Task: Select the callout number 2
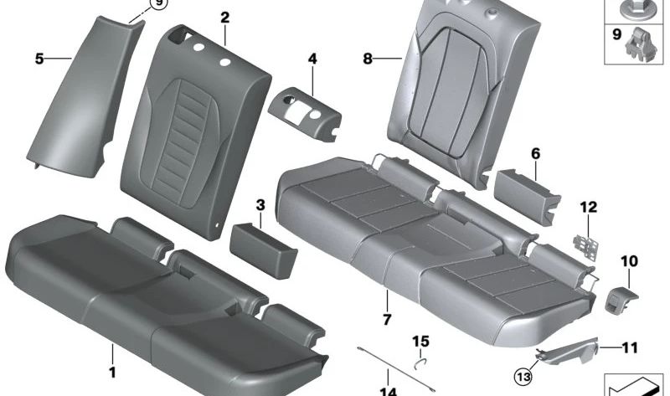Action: coord(224,17)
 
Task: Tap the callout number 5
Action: coord(39,59)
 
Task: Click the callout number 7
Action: coord(387,320)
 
